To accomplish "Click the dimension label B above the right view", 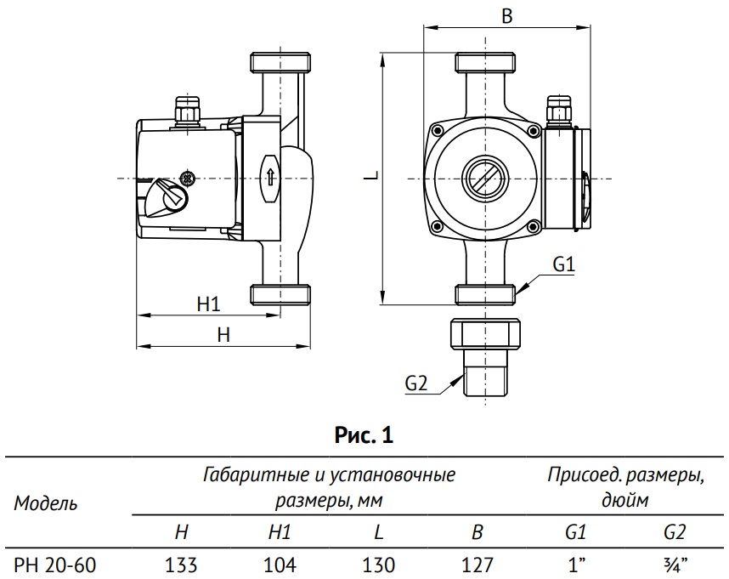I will tap(506, 17).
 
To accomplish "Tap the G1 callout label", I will tap(564, 264).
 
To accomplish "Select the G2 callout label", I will tap(415, 383).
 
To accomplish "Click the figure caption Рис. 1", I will tap(364, 437).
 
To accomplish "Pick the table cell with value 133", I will tap(181, 564).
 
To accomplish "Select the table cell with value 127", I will tap(478, 564).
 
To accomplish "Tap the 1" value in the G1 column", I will tap(576, 564).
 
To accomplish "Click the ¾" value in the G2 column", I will tap(675, 564).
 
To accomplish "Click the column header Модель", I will tap(46, 502).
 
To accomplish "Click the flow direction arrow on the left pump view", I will tap(270, 179).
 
